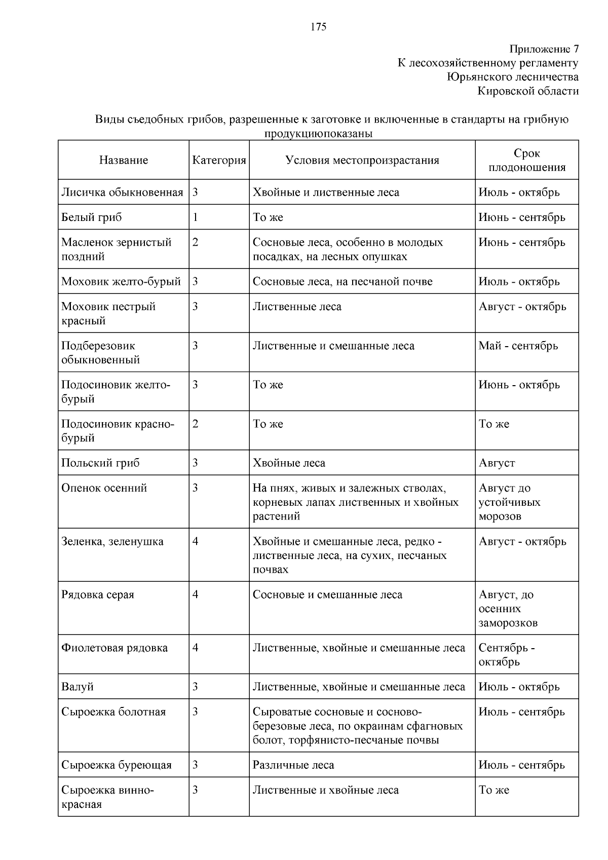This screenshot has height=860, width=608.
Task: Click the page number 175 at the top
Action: point(318,27)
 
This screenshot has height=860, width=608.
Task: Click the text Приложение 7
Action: point(544,49)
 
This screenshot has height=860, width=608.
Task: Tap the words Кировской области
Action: point(527,91)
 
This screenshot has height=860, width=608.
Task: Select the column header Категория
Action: point(219,160)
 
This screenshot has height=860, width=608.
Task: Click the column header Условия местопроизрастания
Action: point(362,160)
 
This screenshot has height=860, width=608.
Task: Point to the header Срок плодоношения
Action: point(526,160)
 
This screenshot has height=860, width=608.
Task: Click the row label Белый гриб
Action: point(92,217)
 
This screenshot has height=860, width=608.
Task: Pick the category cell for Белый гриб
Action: point(196,217)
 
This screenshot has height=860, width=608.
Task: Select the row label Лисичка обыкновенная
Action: point(122,193)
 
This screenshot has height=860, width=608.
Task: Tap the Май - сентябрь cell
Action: point(518,346)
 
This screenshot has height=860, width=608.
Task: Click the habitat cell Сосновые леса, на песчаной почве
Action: point(343,282)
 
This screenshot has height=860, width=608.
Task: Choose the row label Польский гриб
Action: point(100,463)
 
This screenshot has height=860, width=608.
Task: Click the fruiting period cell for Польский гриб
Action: point(497,463)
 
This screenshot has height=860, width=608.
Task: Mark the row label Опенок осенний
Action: point(104,488)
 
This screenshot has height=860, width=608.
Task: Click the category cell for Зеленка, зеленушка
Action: point(196,541)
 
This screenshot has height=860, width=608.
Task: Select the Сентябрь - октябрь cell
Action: point(507,655)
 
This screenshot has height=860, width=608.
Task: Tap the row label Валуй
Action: point(78,687)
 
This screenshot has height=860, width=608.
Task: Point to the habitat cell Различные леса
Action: point(293,765)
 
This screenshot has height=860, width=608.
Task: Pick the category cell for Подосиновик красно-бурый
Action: point(196,424)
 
